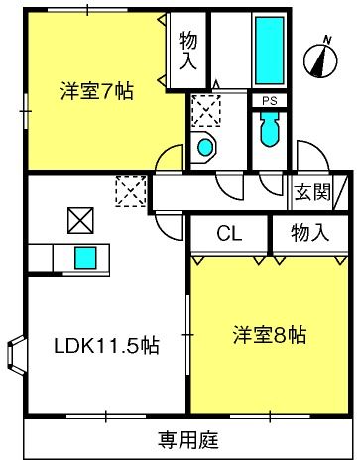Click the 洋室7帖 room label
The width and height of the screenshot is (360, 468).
97,91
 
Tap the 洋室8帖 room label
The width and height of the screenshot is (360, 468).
270,335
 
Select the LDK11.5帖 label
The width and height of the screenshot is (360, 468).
106,346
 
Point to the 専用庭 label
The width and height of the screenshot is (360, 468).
188,440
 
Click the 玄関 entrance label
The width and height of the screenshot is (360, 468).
312,192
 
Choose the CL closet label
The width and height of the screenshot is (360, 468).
229,234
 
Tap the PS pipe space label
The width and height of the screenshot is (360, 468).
270,101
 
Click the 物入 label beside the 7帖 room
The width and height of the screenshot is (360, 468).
188,51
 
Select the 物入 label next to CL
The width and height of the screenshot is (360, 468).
309,232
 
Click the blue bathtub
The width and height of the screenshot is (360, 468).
270,51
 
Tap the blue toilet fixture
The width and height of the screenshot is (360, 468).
269,130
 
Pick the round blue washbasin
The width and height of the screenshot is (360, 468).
205,148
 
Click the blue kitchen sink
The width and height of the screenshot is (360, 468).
85,258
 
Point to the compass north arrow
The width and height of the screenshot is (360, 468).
320,61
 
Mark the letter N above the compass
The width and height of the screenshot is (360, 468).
327,40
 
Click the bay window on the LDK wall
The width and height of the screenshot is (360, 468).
16,355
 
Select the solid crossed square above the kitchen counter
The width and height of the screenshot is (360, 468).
80,220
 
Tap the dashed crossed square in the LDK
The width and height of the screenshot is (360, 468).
131,191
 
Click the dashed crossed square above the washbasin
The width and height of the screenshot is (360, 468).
206,110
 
